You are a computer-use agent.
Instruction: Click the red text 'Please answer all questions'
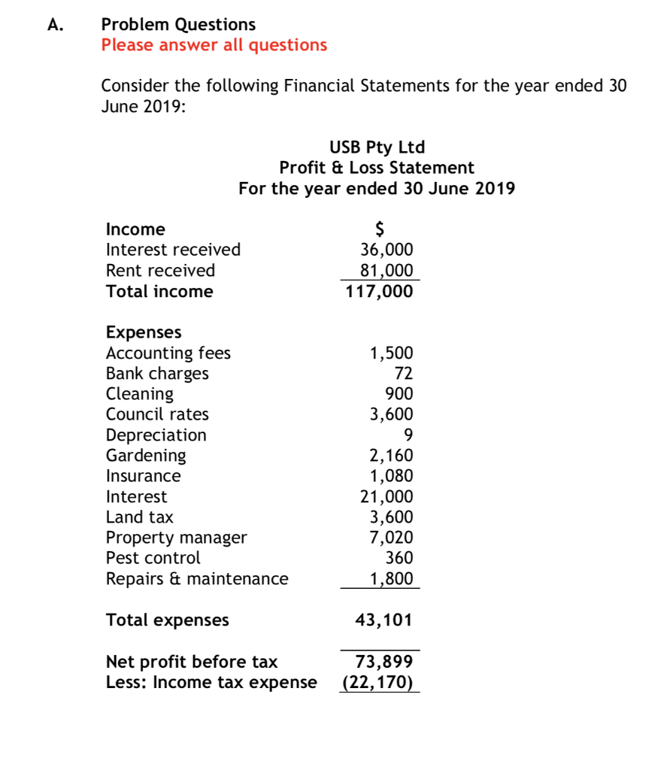(214, 45)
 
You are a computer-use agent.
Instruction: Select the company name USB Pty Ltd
(377, 147)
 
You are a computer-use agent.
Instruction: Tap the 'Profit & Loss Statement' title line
(377, 168)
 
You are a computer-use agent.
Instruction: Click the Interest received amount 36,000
(387, 250)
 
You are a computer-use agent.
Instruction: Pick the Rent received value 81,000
(387, 270)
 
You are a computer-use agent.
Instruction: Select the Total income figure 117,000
(379, 292)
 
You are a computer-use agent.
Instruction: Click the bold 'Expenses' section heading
(144, 332)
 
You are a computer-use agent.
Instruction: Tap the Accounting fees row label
(168, 353)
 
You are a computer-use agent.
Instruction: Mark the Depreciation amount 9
(408, 435)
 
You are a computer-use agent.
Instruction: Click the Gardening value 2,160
(390, 455)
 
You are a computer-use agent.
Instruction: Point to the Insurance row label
(143, 476)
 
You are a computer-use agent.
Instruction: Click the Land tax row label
(140, 517)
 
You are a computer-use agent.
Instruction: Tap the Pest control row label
(153, 558)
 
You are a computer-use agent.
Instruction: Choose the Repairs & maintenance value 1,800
(391, 579)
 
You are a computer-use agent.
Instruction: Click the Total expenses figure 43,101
(384, 620)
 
